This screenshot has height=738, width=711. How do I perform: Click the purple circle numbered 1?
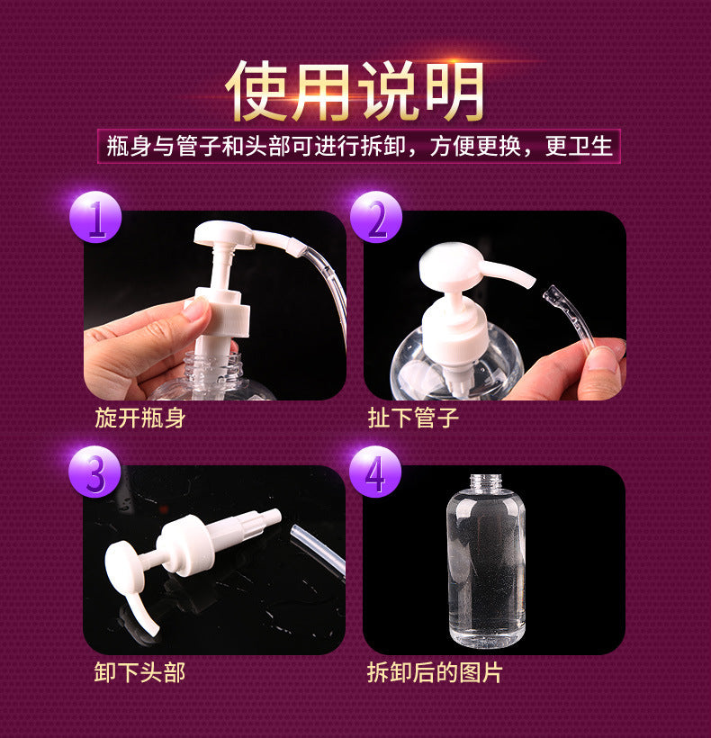pos(95,217)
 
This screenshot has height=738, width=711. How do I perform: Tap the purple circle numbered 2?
pos(376,217)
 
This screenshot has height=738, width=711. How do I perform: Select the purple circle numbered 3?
pos(94,472)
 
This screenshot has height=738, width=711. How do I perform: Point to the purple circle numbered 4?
pos(375,472)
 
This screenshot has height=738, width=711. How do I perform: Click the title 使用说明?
pos(355,91)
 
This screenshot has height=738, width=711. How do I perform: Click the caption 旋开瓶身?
pos(140,418)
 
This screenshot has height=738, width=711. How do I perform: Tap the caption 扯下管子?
pos(413,418)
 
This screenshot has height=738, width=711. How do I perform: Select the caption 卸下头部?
pos(139,672)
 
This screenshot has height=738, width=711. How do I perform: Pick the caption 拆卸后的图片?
pos(435,672)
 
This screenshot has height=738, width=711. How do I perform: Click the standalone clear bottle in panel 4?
pos(486,560)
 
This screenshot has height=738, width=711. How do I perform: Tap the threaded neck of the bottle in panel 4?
pos(486,482)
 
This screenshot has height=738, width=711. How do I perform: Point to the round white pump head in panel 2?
pos(451,265)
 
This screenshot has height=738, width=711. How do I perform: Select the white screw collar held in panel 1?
pos(222,311)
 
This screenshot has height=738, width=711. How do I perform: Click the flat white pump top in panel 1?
pos(224,233)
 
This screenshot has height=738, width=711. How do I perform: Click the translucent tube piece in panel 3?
pos(318,549)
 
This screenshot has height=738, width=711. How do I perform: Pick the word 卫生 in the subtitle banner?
pos(590,146)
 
